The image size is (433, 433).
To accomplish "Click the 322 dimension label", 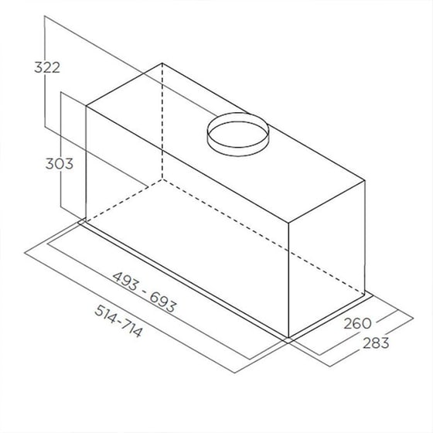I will [x=48, y=67].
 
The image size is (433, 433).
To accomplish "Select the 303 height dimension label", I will [x=59, y=164].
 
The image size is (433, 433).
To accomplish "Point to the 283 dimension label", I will [x=375, y=342].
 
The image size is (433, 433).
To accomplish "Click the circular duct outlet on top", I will [x=236, y=134].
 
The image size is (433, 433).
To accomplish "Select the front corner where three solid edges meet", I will [x=288, y=225].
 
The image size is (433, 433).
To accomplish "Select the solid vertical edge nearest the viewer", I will [x=288, y=283].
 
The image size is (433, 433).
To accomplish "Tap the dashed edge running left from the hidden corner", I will [x=124, y=202].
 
